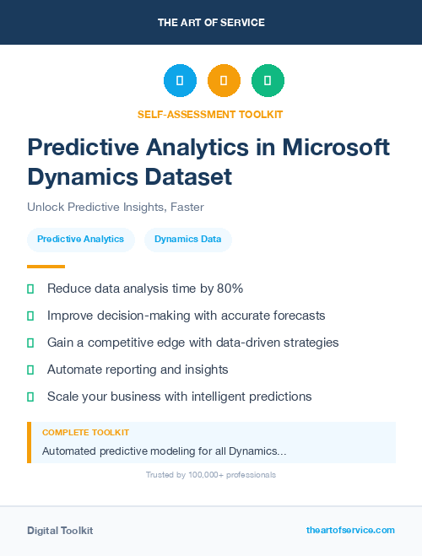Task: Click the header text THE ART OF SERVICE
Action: pos(211,23)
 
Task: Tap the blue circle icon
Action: pos(180,81)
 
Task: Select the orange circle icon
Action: pos(224,81)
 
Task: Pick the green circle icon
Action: pos(268,81)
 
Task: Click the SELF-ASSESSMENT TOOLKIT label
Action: pos(211,114)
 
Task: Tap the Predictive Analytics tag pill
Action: pos(80,240)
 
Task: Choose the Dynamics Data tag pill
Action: pos(188,240)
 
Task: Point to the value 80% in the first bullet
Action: pos(229,289)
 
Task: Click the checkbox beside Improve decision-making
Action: pos(30,316)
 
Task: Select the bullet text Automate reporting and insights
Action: pos(138,370)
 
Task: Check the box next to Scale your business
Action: pos(30,397)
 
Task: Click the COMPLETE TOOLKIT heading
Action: pos(86,432)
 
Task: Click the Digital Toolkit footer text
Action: pos(60,531)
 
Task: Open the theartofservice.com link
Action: pos(350,530)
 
